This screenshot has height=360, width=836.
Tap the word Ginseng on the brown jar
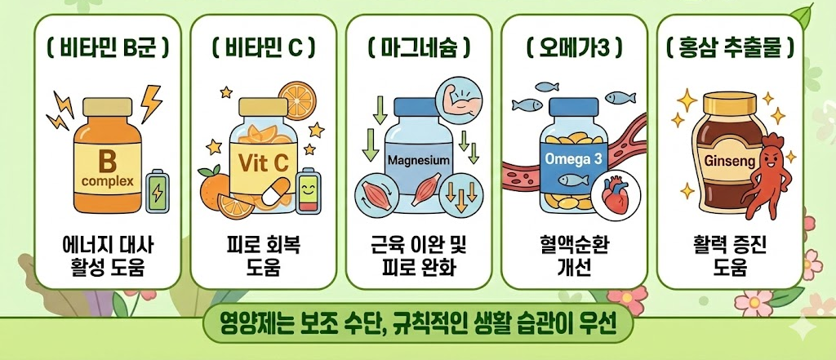click(x=723, y=162)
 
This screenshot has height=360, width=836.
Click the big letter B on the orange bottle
click(x=108, y=158)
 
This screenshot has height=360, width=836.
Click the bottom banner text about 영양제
click(x=418, y=327)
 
